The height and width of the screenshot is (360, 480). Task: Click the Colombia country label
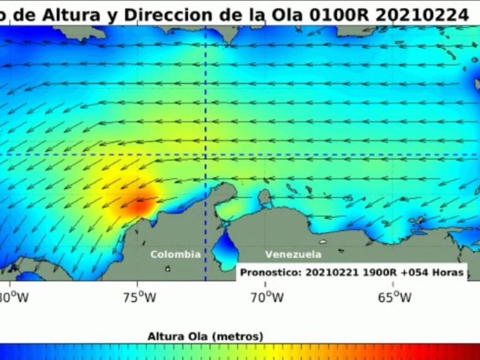click(x=175, y=254)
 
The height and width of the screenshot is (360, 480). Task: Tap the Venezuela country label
click(x=293, y=254)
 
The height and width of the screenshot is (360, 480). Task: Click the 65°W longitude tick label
click(x=394, y=297)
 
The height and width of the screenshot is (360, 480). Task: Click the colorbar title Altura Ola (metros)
click(x=206, y=336)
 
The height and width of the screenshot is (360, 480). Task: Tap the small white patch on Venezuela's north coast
click(x=323, y=242)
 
